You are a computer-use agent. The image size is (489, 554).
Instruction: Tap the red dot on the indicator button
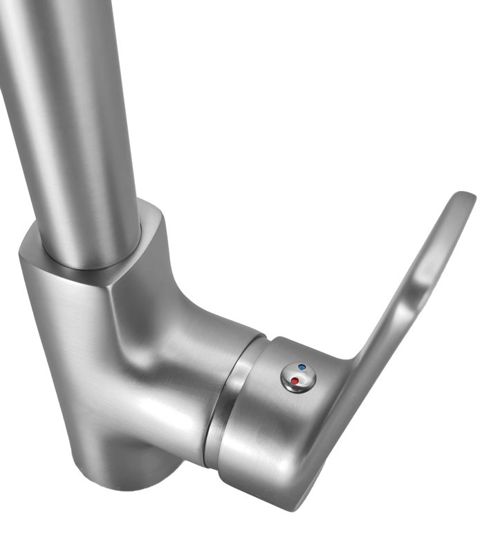pos(295,380)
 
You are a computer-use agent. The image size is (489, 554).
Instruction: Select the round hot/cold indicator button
pos(298,376)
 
